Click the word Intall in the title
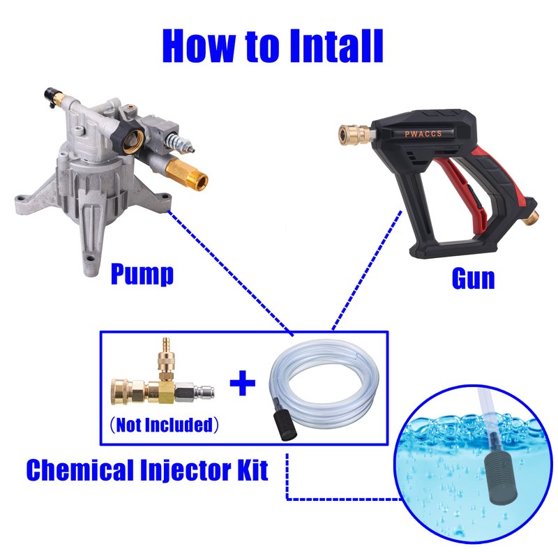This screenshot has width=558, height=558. [x=336, y=46]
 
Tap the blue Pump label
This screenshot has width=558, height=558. [x=142, y=274]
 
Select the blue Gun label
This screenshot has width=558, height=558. [x=474, y=278]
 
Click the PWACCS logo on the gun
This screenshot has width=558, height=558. [x=423, y=134]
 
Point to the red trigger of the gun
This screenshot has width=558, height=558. [x=462, y=188]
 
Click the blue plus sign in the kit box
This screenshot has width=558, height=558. [x=242, y=383]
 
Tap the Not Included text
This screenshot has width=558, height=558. [x=164, y=425]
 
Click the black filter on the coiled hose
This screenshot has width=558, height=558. [x=285, y=425]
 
